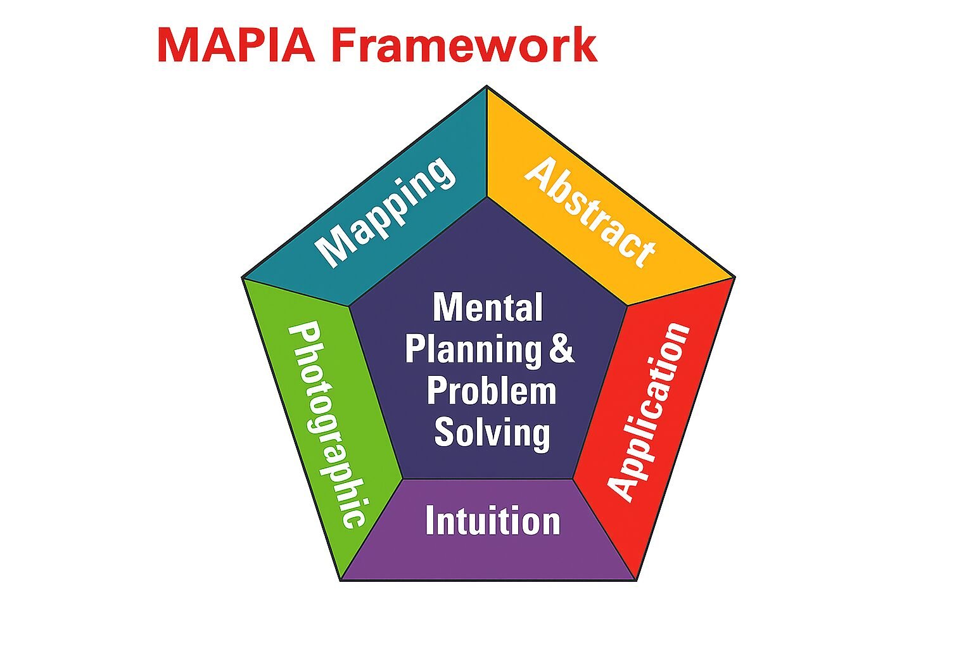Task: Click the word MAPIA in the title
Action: (x=236, y=45)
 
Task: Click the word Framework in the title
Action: (x=464, y=45)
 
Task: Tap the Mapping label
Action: (x=385, y=210)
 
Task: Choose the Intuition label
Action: (x=493, y=521)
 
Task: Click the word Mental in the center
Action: (x=488, y=308)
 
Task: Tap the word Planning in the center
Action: (x=473, y=349)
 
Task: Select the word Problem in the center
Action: (x=491, y=391)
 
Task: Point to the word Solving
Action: (x=492, y=433)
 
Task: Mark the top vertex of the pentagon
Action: (x=486, y=87)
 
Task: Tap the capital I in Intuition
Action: (x=430, y=521)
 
